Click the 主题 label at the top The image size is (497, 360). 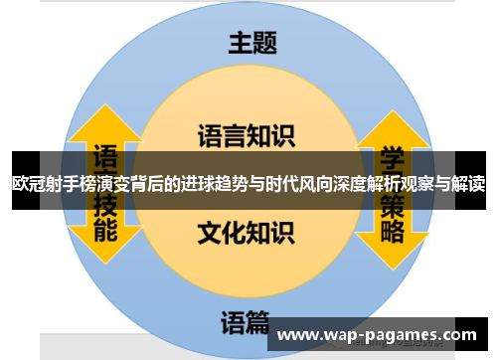pos(252,43)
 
